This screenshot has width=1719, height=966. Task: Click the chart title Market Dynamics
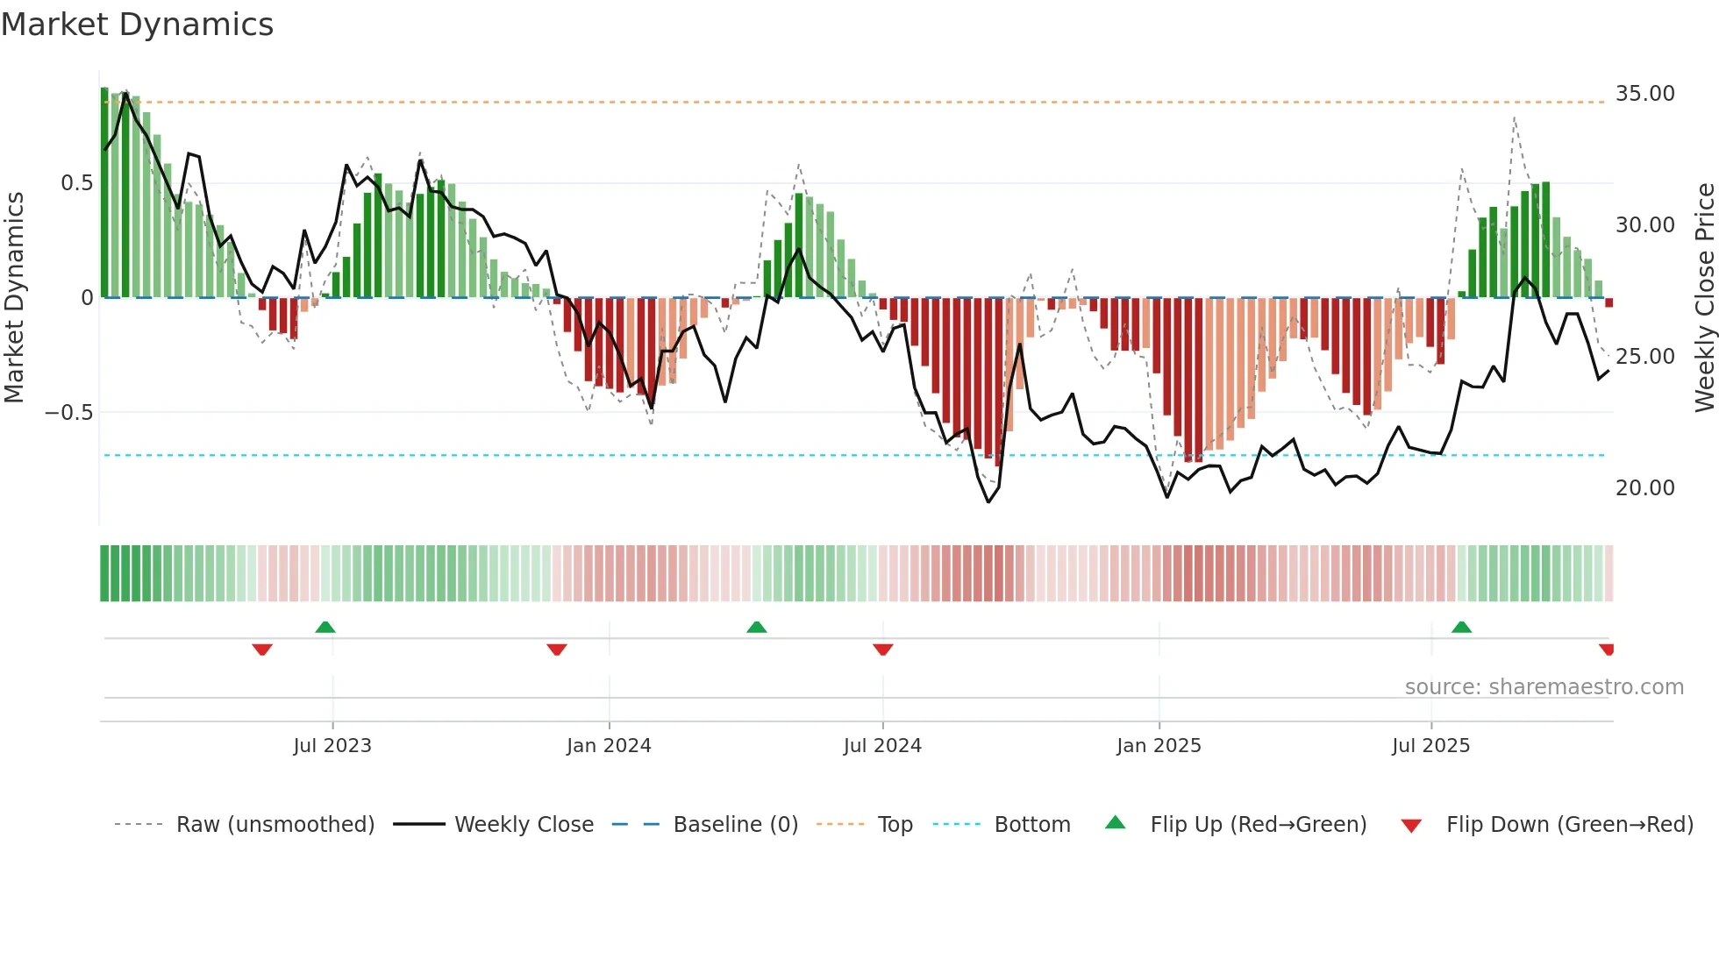coord(137,25)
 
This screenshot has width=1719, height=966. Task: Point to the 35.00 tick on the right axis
coord(1644,94)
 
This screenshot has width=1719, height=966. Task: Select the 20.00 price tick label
coord(1644,488)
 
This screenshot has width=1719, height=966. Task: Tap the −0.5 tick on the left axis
coord(68,413)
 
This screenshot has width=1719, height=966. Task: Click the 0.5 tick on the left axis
coord(76,183)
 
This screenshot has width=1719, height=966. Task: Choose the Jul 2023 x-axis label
coord(332,746)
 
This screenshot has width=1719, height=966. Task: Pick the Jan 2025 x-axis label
coord(1159,746)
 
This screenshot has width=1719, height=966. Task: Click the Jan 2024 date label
coord(609,746)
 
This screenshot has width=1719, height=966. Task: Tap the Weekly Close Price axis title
coord(1704,298)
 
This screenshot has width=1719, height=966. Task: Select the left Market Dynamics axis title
coord(14,298)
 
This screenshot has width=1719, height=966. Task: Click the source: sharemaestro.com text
coord(1544,687)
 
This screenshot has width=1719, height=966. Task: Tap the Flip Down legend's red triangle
coord(1411,826)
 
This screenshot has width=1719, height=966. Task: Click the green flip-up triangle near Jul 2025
coord(1461,627)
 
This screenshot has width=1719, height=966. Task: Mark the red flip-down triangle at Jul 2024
coord(883,650)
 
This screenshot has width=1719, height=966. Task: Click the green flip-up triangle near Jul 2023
coord(325,627)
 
